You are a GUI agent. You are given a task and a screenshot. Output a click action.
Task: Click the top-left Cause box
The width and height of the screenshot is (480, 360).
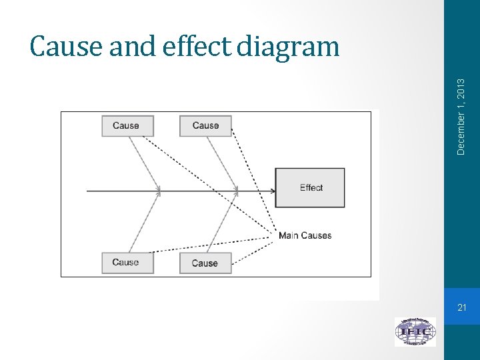pyautogui.click(x=127, y=126)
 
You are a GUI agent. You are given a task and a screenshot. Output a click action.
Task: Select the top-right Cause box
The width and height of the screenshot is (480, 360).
pyautogui.click(x=205, y=126)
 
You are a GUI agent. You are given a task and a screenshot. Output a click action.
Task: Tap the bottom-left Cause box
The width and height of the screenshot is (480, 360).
pyautogui.click(x=127, y=263)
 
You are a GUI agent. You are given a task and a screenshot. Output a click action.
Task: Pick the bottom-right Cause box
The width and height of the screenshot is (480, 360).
pyautogui.click(x=205, y=263)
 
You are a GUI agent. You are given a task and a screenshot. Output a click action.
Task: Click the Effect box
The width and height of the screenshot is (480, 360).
pyautogui.click(x=310, y=187)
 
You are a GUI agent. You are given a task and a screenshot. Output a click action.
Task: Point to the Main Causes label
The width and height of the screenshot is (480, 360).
pyautogui.click(x=305, y=235)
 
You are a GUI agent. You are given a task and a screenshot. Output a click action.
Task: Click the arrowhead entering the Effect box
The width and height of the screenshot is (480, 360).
pyautogui.click(x=272, y=191)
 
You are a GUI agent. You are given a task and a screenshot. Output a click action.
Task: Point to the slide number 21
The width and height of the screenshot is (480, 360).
pyautogui.click(x=462, y=307)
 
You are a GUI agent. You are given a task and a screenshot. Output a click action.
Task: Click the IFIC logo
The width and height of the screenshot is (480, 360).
pyautogui.click(x=415, y=331)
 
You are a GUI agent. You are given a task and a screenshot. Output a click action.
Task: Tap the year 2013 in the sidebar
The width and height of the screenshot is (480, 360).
pyautogui.click(x=461, y=85)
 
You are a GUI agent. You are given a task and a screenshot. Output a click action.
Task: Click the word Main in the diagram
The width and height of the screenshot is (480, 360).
pyautogui.click(x=289, y=235)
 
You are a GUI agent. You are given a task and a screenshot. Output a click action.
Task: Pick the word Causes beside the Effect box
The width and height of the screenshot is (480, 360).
pyautogui.click(x=316, y=235)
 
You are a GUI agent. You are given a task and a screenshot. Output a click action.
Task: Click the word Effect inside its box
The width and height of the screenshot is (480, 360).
pyautogui.click(x=311, y=187)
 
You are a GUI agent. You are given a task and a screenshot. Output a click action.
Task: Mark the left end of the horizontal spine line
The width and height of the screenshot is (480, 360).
pyautogui.click(x=88, y=191)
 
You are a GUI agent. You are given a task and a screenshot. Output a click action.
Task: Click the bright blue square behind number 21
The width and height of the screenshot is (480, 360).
pyautogui.click(x=462, y=307)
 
